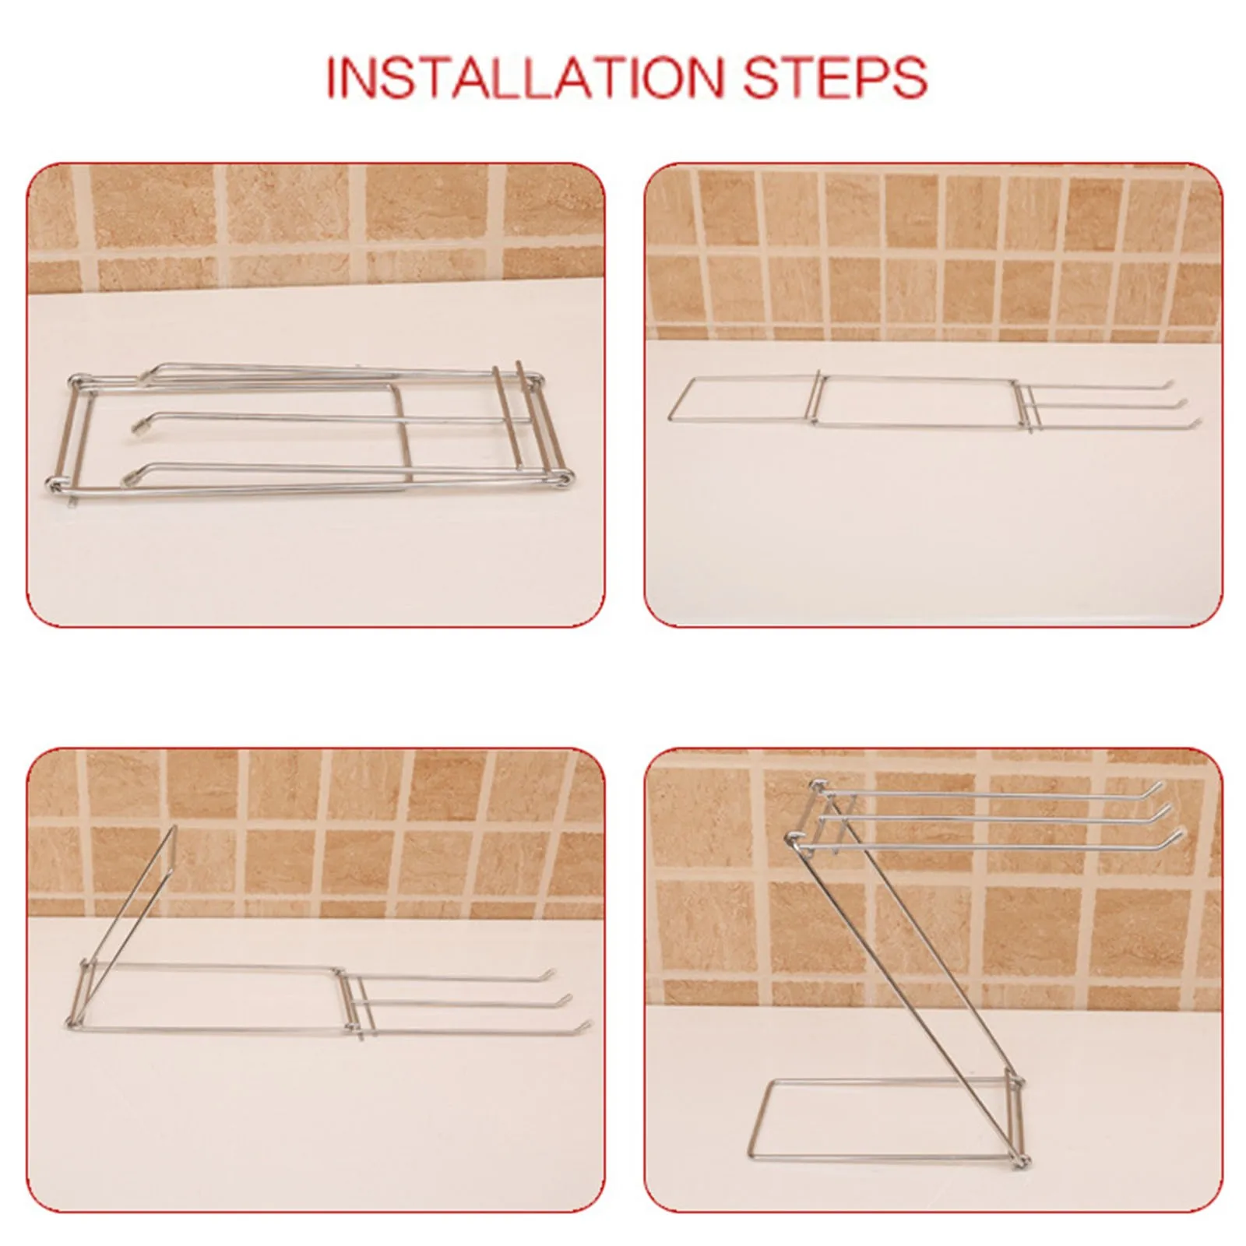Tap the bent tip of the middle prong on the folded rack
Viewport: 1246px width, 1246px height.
141,424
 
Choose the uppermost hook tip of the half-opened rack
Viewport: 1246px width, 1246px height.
552,971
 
